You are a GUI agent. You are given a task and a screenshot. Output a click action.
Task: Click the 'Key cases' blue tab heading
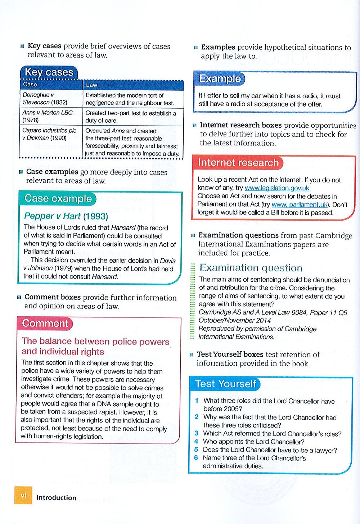click(49, 72)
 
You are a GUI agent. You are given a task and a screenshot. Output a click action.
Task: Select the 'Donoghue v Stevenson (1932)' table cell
click(45, 99)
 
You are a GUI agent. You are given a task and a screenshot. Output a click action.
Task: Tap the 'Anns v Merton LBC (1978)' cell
click(47, 116)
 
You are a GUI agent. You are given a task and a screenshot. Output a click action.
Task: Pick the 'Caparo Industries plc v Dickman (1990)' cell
click(49, 134)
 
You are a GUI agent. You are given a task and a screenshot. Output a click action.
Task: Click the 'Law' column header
click(91, 85)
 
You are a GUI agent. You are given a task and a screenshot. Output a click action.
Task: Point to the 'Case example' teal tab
click(58, 199)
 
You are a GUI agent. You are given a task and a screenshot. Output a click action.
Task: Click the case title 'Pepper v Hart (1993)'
click(66, 216)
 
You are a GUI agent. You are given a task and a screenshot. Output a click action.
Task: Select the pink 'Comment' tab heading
click(45, 323)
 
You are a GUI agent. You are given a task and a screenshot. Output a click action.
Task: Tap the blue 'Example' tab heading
click(220, 78)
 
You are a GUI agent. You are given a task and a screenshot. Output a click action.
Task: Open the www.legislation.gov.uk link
click(276, 188)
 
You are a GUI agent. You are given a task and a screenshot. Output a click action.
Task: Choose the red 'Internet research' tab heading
click(238, 163)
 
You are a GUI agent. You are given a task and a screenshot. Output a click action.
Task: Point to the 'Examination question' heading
click(251, 268)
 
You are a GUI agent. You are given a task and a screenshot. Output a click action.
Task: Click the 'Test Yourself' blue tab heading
click(226, 384)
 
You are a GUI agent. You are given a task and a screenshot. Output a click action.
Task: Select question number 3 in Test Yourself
click(197, 434)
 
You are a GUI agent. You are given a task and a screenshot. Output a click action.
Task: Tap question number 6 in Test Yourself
click(196, 458)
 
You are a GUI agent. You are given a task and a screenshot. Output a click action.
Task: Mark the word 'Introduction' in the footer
click(56, 498)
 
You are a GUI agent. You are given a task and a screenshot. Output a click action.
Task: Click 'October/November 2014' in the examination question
click(235, 320)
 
